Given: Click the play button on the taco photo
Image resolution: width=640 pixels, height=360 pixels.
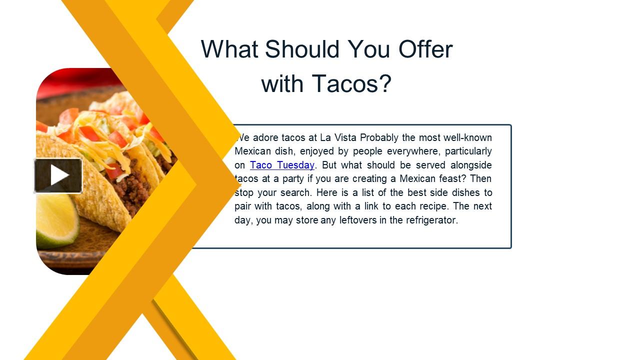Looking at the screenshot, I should tap(58, 175).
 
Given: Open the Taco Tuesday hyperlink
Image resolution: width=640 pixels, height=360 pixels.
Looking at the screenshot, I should tap(282, 165).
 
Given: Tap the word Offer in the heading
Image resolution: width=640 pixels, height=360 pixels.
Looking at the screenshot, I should tap(425, 49).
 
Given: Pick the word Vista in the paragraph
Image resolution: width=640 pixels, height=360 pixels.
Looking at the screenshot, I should tap(345, 137).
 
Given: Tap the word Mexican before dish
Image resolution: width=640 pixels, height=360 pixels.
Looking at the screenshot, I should tap(253, 151).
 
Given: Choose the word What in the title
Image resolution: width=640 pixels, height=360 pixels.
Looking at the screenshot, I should tap(229, 49).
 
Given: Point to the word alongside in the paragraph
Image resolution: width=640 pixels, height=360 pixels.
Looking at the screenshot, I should tap(471, 165).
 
